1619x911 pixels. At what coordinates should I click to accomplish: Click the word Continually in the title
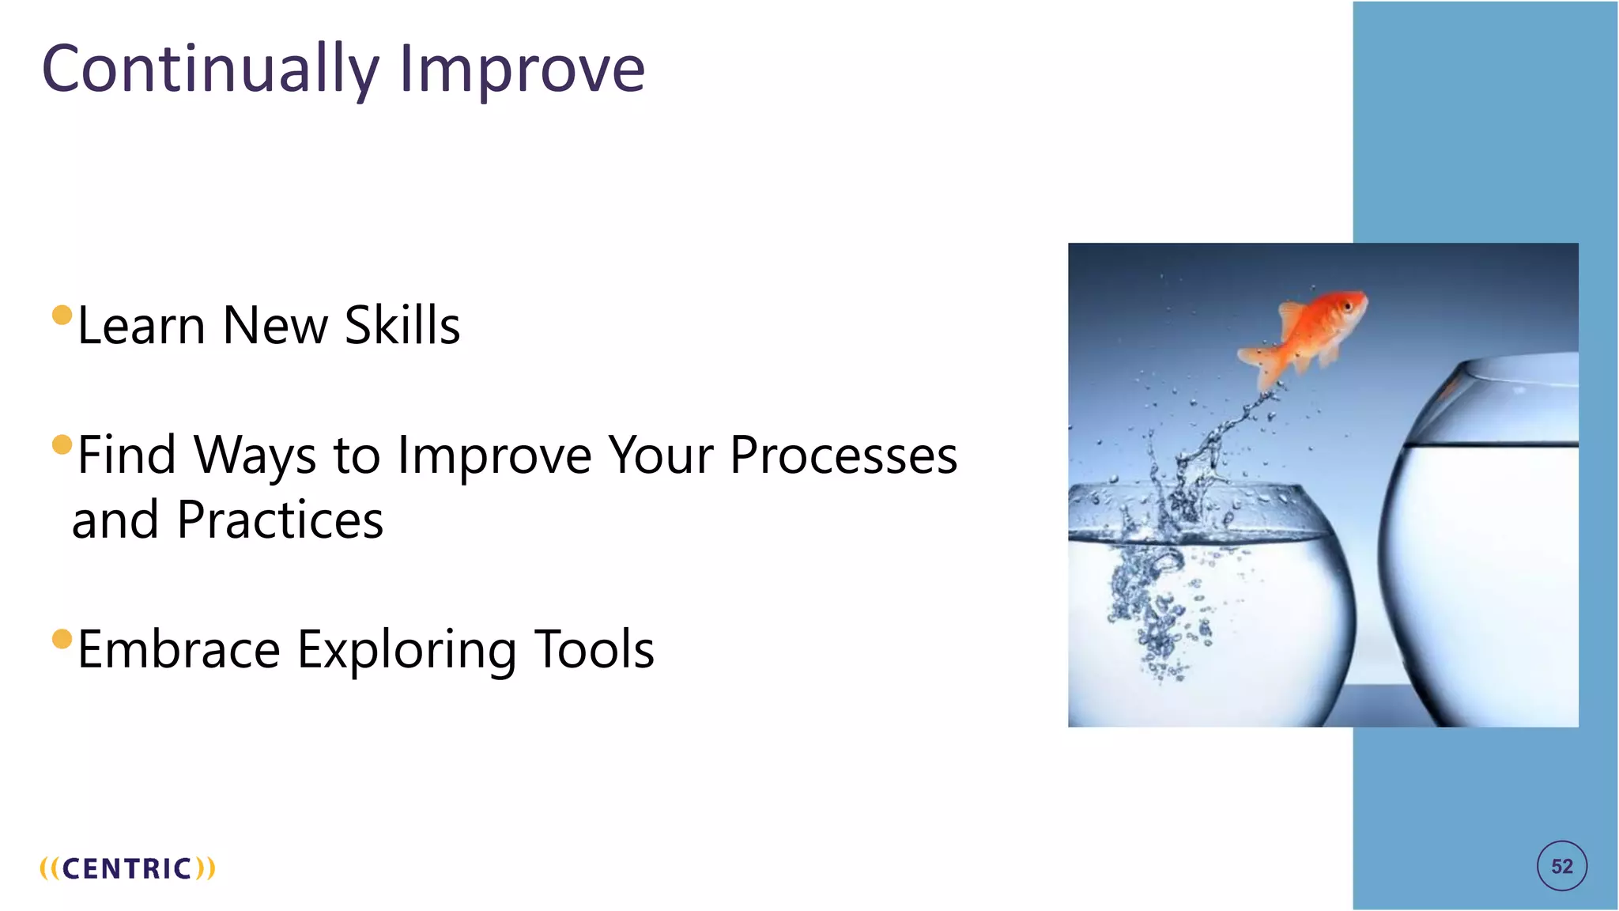click(x=209, y=70)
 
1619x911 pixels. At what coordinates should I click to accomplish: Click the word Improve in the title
click(x=522, y=70)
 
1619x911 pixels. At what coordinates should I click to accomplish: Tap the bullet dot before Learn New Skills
click(x=62, y=316)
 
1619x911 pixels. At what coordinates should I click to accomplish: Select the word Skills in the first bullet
click(x=402, y=325)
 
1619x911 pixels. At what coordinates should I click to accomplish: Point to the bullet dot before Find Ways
click(x=62, y=444)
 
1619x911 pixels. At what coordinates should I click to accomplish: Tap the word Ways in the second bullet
click(x=255, y=455)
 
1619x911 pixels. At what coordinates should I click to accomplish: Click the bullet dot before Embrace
click(x=62, y=638)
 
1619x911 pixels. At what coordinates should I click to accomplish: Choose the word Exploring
click(x=406, y=650)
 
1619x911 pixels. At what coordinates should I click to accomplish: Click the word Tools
click(x=594, y=649)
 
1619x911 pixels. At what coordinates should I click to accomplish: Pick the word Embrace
click(x=179, y=649)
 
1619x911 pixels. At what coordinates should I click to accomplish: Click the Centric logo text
click(x=127, y=868)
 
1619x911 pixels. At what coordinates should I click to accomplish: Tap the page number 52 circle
click(x=1561, y=866)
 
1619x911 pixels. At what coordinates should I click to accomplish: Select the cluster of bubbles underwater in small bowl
click(x=1154, y=609)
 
